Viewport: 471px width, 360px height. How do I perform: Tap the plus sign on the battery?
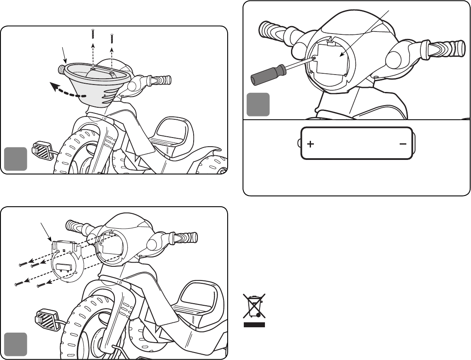311,144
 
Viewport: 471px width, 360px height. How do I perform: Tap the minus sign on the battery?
403,144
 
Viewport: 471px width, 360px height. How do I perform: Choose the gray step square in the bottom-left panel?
16,344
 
